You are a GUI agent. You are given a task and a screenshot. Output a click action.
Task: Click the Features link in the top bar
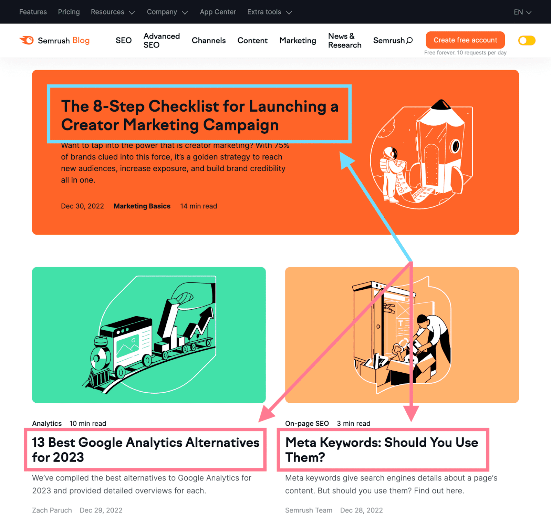[33, 12]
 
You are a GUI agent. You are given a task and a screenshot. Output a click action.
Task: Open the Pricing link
[69, 12]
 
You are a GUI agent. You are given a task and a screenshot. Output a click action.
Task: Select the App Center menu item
[218, 12]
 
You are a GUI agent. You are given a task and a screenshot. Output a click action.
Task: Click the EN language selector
[522, 12]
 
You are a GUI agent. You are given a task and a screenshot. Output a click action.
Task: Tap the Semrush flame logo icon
[27, 40]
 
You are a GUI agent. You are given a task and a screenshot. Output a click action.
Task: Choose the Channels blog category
[209, 41]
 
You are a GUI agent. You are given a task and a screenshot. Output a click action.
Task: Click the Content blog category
[252, 41]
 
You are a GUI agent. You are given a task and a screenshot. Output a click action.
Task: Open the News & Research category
[344, 41]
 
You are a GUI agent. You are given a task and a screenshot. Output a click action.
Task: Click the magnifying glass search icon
[409, 41]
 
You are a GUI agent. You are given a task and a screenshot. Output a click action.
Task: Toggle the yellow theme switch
[527, 41]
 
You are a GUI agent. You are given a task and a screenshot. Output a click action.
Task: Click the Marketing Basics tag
[142, 206]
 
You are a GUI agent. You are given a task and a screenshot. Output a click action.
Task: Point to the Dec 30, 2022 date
[82, 206]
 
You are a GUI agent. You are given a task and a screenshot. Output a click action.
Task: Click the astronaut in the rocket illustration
[391, 172]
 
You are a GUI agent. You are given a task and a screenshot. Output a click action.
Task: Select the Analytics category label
[47, 423]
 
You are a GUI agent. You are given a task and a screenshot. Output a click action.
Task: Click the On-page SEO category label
[307, 423]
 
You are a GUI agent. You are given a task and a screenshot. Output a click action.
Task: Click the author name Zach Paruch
[52, 510]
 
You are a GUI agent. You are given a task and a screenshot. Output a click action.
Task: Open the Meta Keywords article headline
[382, 449]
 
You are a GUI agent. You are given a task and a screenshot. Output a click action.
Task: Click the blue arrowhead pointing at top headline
[346, 159]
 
